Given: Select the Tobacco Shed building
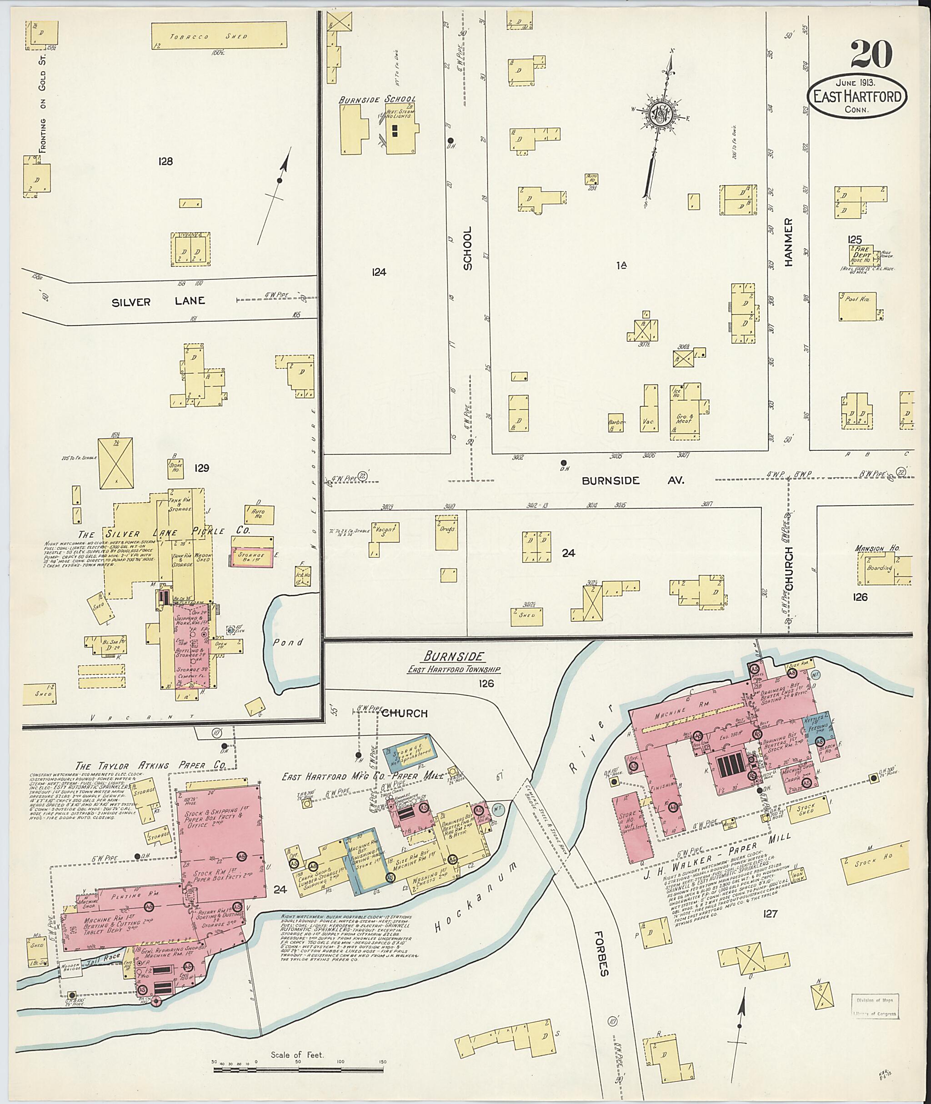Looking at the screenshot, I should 219,36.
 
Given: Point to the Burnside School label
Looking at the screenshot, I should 377,99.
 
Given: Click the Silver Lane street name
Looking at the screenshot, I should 158,302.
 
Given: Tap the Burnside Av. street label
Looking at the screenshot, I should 632,480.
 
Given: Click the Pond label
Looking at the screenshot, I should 288,642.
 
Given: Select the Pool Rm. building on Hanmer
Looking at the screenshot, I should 857,306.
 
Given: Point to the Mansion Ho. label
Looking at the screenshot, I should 877,548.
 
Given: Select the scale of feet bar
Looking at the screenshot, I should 298,701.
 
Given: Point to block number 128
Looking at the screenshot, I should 165,161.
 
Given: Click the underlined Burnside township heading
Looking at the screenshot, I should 453,656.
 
